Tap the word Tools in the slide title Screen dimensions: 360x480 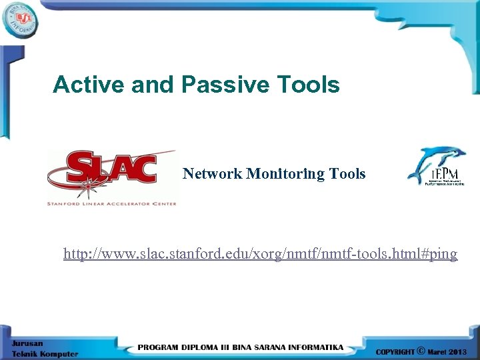pos(307,85)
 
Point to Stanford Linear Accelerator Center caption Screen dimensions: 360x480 pos(111,203)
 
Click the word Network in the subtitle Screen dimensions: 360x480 pos(213,174)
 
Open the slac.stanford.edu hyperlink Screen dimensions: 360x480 pos(260,254)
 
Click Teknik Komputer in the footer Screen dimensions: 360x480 pos(44,353)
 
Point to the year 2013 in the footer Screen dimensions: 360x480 pos(459,351)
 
